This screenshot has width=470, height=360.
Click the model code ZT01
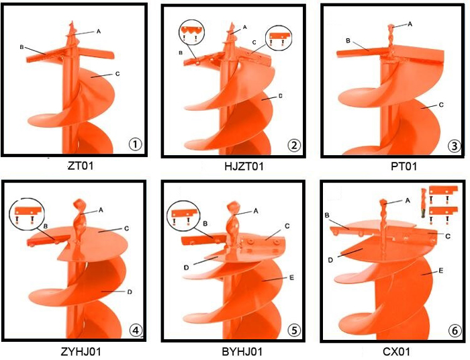click(x=81, y=165)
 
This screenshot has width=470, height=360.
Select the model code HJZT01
click(x=244, y=166)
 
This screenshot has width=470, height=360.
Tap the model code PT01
click(x=404, y=166)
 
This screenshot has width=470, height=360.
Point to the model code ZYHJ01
click(x=81, y=351)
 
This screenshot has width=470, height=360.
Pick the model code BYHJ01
click(x=242, y=351)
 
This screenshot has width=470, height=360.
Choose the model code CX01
click(x=396, y=351)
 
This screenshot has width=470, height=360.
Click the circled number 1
click(x=135, y=144)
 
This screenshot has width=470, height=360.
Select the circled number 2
click(x=294, y=145)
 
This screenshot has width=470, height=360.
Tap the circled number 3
click(x=455, y=146)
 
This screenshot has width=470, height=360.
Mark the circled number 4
click(x=136, y=330)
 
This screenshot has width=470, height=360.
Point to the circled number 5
click(x=294, y=330)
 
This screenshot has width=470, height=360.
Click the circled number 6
click(x=455, y=331)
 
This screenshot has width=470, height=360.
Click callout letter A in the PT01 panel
click(x=410, y=24)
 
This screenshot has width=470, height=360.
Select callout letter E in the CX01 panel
click(x=441, y=271)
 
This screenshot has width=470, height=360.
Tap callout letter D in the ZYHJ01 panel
click(x=130, y=291)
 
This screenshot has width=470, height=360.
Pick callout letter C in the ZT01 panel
click(x=117, y=74)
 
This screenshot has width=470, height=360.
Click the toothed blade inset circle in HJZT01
click(x=191, y=33)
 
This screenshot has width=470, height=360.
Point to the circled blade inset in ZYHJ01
click(x=27, y=214)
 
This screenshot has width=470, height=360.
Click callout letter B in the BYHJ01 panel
click(x=205, y=223)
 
